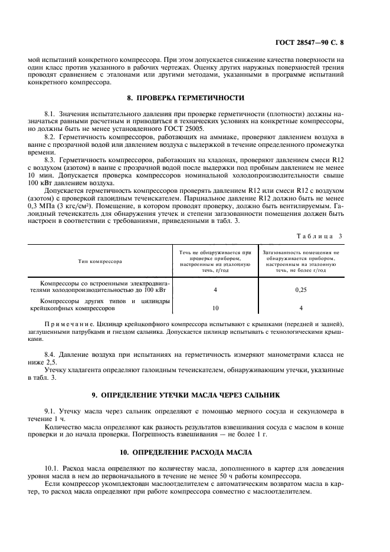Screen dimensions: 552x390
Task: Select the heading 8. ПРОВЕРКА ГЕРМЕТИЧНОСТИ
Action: [195, 97]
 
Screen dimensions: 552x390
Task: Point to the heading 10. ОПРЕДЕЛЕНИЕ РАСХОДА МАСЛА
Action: [195, 452]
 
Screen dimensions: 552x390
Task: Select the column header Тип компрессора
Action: [100, 260]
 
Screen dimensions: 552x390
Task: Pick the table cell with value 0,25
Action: [301, 290]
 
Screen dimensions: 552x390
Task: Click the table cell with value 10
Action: [215, 308]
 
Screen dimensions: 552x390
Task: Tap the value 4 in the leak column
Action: [215, 290]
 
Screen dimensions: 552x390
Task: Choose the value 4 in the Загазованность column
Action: [301, 308]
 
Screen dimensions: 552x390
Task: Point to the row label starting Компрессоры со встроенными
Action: [100, 286]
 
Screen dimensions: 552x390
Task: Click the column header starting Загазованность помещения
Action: [301, 260]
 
